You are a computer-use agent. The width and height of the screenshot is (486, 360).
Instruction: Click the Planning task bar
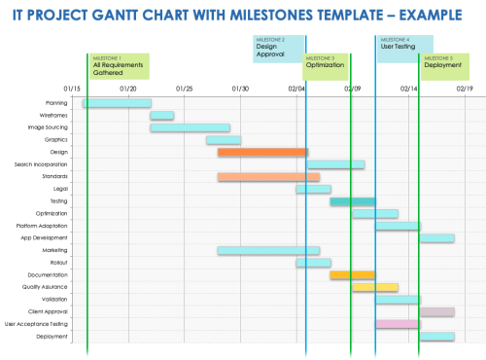[117, 103]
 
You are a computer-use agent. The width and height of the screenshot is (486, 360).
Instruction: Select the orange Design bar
[262, 152]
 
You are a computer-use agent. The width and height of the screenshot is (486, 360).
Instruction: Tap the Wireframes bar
[161, 116]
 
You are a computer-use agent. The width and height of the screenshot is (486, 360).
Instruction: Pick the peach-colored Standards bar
[268, 177]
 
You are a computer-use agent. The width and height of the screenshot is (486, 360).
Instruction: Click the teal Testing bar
[352, 201]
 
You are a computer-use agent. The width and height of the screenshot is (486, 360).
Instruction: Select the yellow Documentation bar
[352, 275]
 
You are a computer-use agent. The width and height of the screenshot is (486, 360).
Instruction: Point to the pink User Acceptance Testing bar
[397, 324]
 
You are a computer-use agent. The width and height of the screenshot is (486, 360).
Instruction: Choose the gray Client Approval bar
[436, 311]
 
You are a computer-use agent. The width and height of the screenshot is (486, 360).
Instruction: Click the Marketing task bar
[268, 250]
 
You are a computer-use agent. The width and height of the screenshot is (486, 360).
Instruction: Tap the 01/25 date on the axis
[185, 88]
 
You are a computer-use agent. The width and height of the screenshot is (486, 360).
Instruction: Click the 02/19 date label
[465, 88]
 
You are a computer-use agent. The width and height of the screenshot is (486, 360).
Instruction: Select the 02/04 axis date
[297, 88]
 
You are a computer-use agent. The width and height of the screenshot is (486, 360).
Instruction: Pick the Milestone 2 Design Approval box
[278, 48]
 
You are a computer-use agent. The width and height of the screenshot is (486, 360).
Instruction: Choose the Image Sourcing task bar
[190, 127]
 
